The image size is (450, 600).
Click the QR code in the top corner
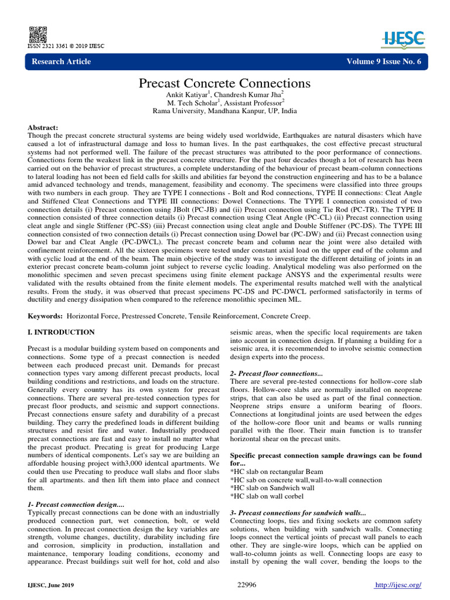[x=35, y=33]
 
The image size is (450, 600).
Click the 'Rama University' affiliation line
[x=224, y=111]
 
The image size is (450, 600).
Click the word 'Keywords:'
[x=46, y=316]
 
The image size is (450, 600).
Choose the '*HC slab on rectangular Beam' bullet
[x=277, y=471]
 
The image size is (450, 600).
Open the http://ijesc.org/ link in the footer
[x=398, y=585]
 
